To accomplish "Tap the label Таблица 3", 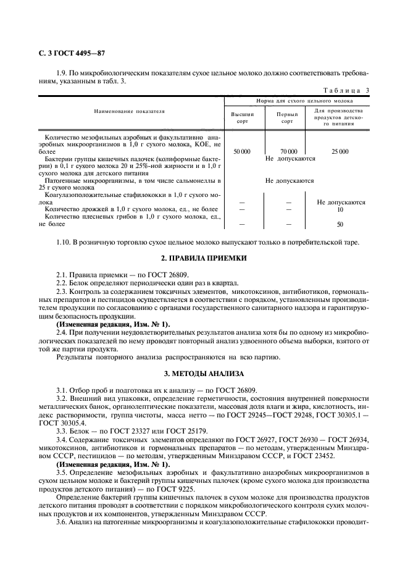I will (346, 90).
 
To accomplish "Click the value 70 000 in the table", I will (288, 151).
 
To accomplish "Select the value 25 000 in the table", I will (339, 151).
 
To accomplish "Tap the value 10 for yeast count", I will (340, 210).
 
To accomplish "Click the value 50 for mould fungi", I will (340, 225).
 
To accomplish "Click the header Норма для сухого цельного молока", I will (301, 100).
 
